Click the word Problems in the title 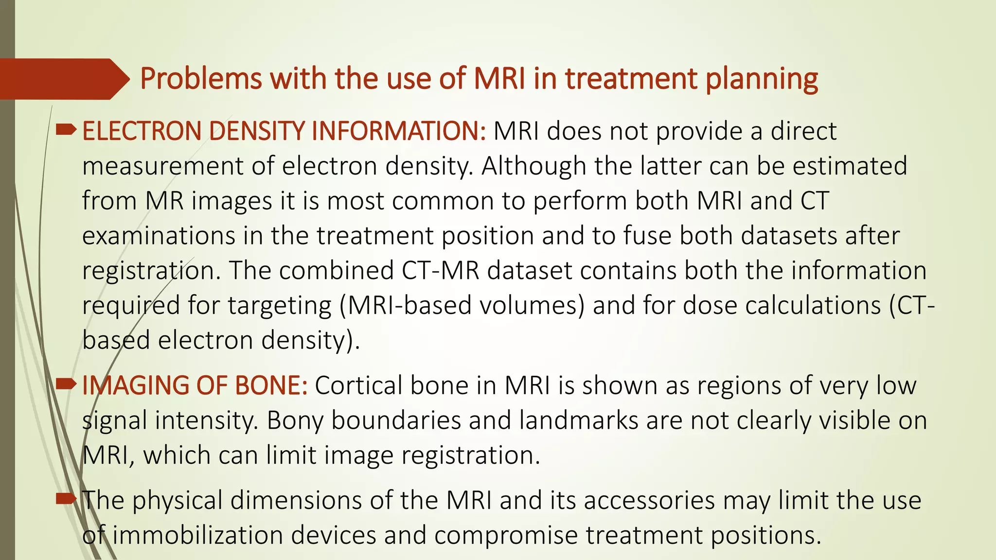pos(201,79)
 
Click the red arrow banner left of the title pos(63,79)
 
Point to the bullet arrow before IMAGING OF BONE pos(66,384)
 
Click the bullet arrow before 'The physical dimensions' pos(66,499)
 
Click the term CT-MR pos(440,271)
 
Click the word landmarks pos(578,421)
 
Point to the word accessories pos(649,501)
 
